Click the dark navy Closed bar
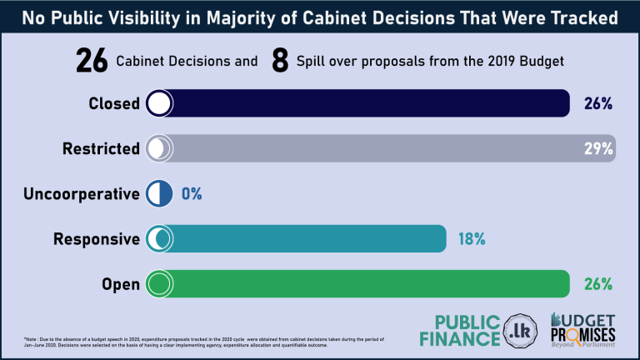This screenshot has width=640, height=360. coord(367,103)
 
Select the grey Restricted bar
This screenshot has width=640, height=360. coord(383,149)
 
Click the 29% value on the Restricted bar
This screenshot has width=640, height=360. coord(597,149)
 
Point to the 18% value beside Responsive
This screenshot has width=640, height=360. coord(471,239)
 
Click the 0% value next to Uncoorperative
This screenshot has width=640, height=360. coord(192,194)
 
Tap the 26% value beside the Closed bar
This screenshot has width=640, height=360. coord(597,103)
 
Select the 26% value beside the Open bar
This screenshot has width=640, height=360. coord(597,284)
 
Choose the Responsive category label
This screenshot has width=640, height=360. coord(97,239)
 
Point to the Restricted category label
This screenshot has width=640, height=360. coord(102,149)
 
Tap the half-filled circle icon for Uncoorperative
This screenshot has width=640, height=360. coord(159,194)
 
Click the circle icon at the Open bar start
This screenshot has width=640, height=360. coord(159,284)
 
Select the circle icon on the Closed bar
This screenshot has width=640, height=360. coord(159,103)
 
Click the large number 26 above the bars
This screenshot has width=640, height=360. coord(92,60)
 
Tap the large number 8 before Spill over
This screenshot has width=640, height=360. coord(280,60)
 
